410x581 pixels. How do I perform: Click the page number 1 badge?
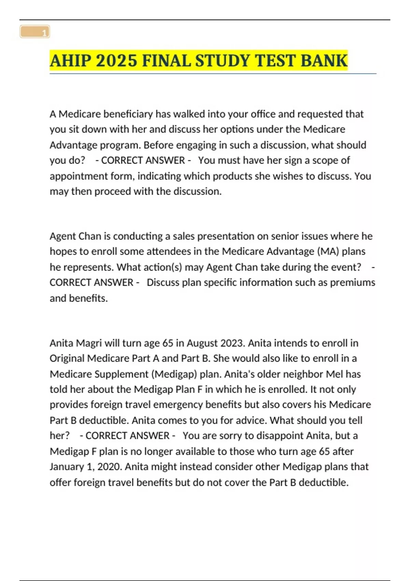[35, 32]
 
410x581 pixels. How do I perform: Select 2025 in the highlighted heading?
[117, 61]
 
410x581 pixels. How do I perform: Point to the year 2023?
[233, 343]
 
